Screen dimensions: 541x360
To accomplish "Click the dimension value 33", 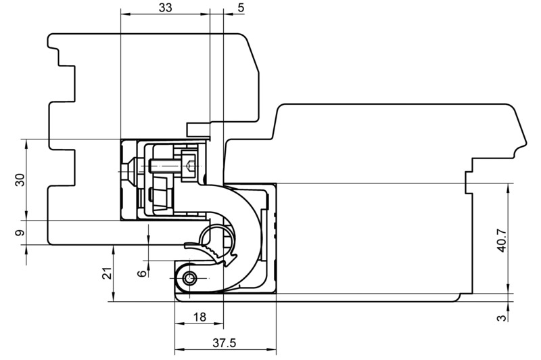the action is point(165,7).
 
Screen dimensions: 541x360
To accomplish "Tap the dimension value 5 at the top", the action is point(241,7).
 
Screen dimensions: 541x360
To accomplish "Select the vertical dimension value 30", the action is point(20,180).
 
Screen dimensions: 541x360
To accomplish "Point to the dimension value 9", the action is point(20,233).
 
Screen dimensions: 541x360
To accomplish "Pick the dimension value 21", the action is point(108,273).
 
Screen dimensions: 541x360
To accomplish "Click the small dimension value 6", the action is point(142,273).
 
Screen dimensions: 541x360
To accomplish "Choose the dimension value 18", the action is point(199,317).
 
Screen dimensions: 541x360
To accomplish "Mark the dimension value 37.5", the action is point(225,342).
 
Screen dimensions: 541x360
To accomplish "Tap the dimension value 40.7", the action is point(502,240).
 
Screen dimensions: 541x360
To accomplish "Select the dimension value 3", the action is point(502,317).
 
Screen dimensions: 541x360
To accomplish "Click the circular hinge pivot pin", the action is point(189,278).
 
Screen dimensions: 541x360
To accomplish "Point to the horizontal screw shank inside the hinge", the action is point(164,166).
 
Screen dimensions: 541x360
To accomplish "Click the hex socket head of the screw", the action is point(189,165).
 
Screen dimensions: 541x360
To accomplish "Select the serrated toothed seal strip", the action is point(214,253).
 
